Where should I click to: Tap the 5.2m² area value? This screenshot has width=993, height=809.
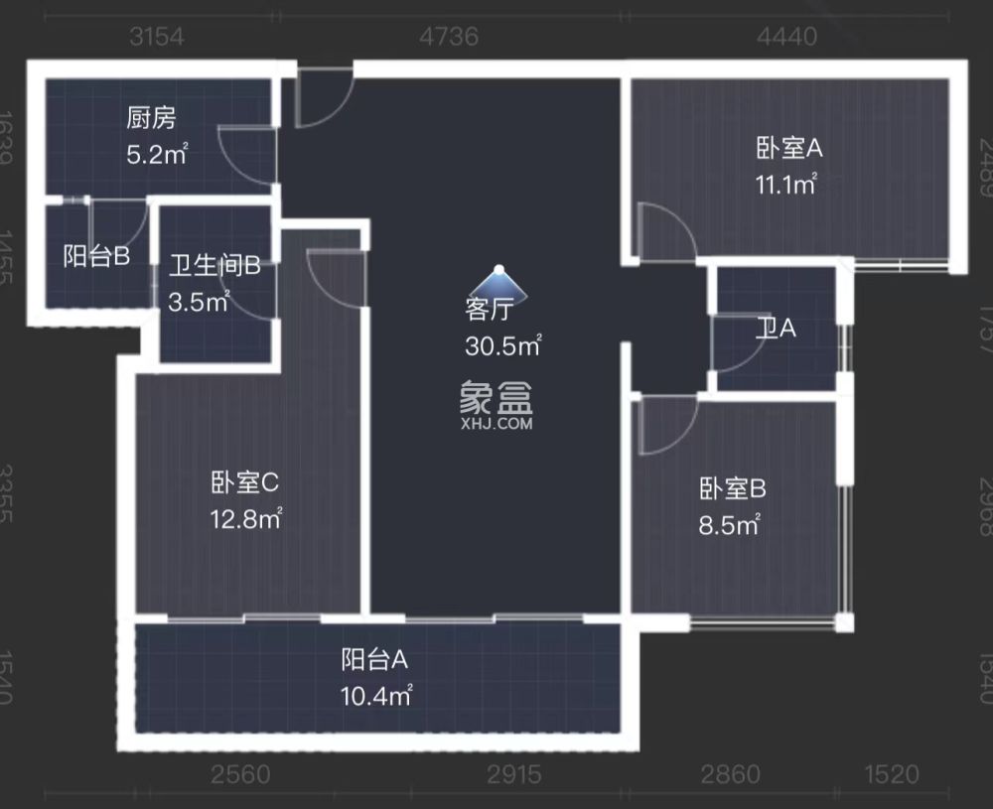(157, 154)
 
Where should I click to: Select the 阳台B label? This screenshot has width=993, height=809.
(96, 257)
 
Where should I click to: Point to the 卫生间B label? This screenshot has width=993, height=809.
(213, 266)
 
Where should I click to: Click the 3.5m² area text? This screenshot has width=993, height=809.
(199, 301)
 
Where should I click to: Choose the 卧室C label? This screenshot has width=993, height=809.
(244, 483)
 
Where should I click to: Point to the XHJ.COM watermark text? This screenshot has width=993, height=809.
(496, 424)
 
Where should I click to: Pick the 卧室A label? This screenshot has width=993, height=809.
(790, 149)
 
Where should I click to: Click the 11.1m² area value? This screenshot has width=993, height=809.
(785, 184)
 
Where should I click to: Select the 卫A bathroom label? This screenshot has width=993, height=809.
(776, 330)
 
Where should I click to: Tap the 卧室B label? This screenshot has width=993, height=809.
(733, 489)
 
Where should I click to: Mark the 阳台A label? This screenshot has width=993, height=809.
(375, 659)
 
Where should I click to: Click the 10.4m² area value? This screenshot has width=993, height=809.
(376, 694)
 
